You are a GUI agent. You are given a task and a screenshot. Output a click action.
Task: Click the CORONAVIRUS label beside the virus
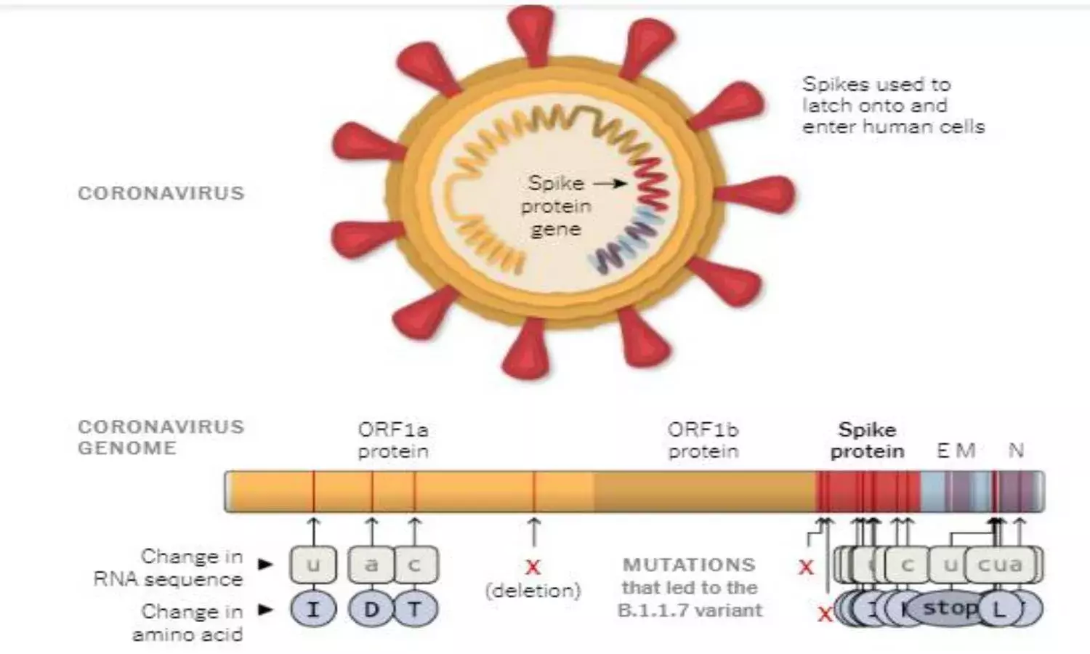161,193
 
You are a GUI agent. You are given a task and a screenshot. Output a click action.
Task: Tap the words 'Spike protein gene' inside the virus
556,206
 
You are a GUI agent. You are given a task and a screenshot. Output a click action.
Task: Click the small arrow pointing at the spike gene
610,183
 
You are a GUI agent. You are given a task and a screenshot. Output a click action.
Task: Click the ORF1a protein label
392,440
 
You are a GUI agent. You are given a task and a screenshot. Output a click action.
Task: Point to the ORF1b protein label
703,440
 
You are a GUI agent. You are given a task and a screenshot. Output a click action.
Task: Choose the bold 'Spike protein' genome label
867,440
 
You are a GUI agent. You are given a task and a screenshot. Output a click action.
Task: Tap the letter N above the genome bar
1016,451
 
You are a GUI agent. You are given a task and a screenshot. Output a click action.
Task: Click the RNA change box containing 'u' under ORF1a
313,565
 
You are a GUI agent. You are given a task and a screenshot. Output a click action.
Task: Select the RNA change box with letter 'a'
371,565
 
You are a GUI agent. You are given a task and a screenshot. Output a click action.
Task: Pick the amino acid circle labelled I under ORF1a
313,609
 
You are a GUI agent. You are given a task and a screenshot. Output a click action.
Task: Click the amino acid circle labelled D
371,609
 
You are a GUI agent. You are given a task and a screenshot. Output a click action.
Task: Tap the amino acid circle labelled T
415,609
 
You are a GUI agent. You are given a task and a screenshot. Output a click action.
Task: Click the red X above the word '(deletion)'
533,567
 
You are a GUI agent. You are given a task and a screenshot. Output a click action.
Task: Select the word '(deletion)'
533,590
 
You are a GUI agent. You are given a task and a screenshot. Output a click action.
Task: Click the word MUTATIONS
689,565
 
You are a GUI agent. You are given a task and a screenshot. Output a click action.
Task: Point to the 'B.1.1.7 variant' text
690,610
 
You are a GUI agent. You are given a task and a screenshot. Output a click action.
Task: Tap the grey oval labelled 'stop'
949,607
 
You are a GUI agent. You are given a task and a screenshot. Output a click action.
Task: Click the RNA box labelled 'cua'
1001,564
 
